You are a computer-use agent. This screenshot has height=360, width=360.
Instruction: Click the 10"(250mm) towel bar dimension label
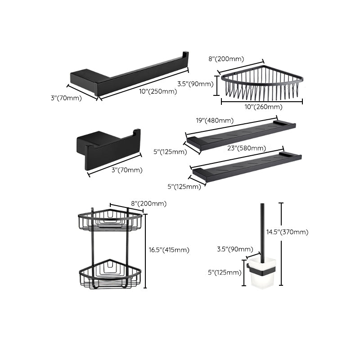[157, 91]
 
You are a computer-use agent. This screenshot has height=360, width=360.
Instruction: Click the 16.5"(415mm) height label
[169, 250]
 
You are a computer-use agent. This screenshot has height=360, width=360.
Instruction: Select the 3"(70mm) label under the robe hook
[127, 170]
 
